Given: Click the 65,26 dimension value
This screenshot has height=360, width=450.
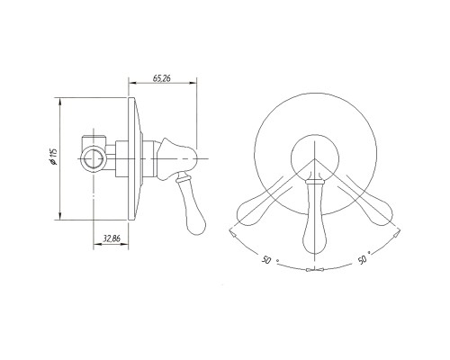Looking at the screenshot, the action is (161, 78).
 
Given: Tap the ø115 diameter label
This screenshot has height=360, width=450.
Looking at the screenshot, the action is (54, 157).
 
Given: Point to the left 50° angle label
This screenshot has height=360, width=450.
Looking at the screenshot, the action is (267, 259).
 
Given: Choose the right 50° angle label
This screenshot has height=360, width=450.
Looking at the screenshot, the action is (364, 258).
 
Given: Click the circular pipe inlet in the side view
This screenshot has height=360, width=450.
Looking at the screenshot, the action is (94, 158).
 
